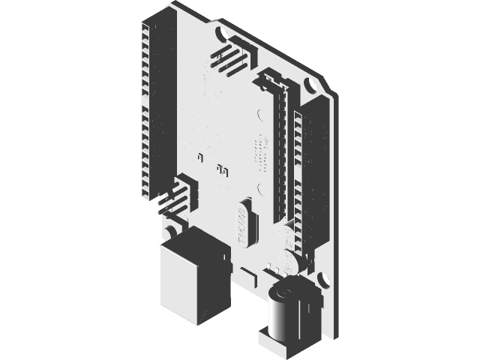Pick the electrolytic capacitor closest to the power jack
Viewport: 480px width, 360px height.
tap(288, 262)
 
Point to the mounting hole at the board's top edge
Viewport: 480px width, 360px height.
tap(221, 34)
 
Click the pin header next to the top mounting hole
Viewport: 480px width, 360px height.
tap(228, 58)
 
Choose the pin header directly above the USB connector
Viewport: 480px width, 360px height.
tap(179, 195)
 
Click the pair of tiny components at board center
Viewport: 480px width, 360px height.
tap(222, 169)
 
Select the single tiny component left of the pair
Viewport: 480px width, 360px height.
tap(200, 157)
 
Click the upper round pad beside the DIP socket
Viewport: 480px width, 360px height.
tap(259, 116)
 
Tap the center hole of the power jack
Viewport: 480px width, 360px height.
tap(284, 289)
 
